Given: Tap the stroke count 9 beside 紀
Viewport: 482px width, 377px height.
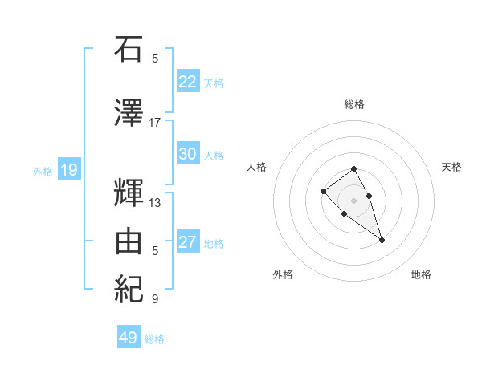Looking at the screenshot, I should point(154,299).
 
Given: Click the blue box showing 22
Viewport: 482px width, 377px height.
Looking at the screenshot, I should point(188,81).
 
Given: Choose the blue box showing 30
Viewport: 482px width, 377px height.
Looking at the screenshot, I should point(188,154).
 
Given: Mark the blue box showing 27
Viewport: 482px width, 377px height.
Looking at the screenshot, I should point(188,242).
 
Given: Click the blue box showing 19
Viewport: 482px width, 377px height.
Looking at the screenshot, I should point(68,169).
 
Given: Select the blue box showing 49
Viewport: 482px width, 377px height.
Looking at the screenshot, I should point(129,338).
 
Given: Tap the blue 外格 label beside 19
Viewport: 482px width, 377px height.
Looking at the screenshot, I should point(43,171).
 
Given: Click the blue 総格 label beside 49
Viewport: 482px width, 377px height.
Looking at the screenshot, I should point(155,339).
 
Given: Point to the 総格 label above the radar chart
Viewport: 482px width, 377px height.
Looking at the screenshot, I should point(353,104).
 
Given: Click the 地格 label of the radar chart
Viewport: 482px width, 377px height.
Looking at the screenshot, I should point(421,274).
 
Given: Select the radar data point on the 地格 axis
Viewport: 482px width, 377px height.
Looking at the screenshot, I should point(382,240).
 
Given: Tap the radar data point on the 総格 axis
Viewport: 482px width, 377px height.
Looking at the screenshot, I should point(353,168).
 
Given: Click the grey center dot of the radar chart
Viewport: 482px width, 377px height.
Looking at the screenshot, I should point(353,200).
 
